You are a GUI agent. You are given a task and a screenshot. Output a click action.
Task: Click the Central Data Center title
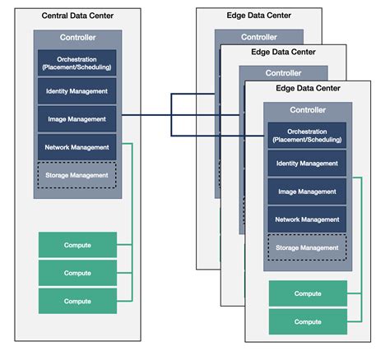coord(77,16)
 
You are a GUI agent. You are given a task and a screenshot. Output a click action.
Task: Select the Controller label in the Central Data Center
coord(77,38)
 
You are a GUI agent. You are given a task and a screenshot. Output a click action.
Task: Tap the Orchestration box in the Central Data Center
coord(77,62)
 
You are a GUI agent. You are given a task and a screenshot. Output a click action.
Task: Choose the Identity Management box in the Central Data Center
coord(77,90)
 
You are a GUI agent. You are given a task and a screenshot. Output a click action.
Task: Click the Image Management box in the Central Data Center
coord(77,119)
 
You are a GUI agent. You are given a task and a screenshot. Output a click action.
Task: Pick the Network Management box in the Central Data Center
coord(77,147)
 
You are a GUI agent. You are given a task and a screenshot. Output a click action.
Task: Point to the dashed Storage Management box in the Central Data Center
coord(77,175)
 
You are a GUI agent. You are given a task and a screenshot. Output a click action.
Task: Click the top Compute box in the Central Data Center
coord(77,245)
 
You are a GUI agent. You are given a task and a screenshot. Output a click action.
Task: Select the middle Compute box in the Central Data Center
coord(77,273)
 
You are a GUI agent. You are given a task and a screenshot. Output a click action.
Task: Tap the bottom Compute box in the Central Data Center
coord(77,301)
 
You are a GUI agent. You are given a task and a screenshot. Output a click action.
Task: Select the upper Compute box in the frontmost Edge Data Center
coord(308,293)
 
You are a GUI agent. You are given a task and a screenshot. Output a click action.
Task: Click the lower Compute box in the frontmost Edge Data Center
coord(308,321)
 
